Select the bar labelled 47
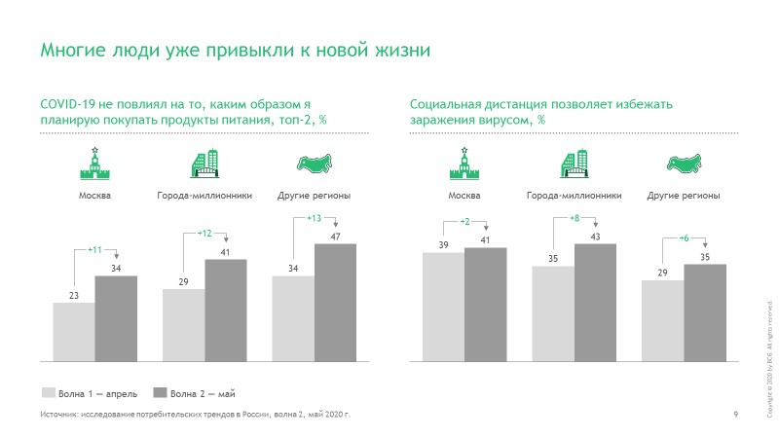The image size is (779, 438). [335, 302]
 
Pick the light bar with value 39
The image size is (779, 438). [443, 306]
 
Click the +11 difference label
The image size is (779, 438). [95, 250]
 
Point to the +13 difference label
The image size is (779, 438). [314, 218]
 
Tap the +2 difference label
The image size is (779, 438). [464, 223]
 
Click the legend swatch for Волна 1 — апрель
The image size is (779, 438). [48, 393]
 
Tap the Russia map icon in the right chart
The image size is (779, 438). [684, 164]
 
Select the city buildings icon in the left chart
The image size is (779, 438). [204, 165]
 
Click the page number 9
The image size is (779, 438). [735, 416]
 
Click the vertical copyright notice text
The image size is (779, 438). [770, 360]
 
